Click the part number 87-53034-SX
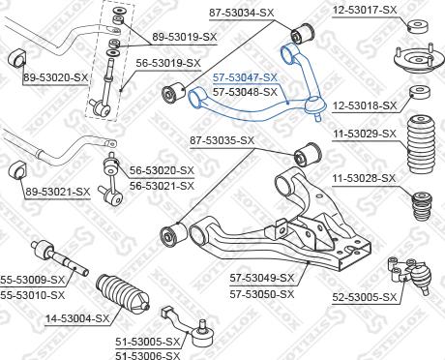tap(241, 13)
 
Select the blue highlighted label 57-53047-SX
tap(245, 77)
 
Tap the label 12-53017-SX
tap(365, 10)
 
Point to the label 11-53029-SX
tap(365, 134)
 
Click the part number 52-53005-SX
tap(365, 297)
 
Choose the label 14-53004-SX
tap(77, 318)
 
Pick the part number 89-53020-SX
tap(55, 77)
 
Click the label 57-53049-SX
tap(262, 278)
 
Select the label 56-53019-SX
tap(168, 63)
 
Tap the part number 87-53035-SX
tap(222, 140)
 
